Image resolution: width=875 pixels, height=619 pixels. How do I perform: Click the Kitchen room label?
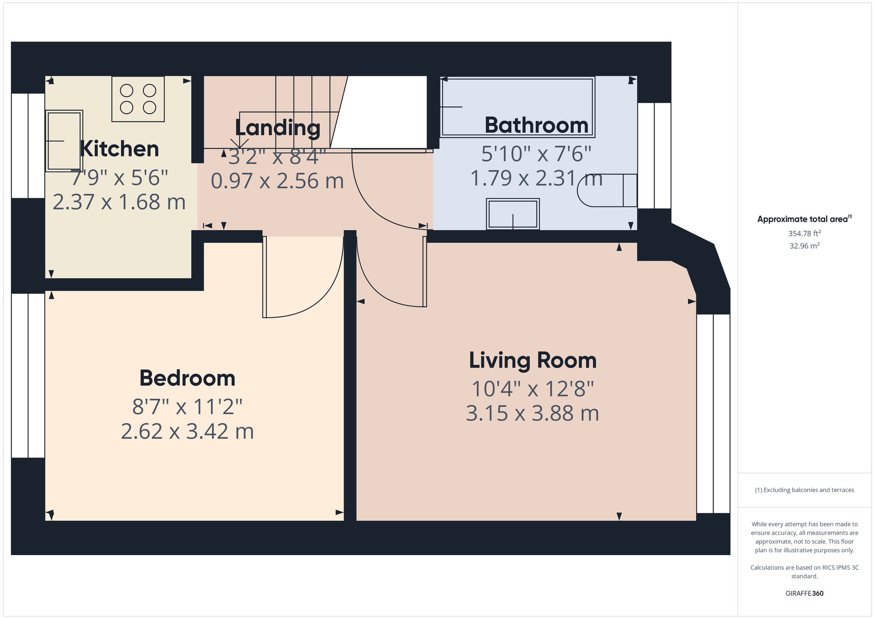pos(119,149)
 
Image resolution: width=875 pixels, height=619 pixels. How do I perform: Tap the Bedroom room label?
pos(187,378)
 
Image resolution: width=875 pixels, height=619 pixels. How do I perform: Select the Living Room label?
pos(533,360)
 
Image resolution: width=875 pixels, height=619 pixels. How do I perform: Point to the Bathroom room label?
pos(536,125)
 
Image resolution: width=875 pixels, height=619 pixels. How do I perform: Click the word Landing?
pos(278,128)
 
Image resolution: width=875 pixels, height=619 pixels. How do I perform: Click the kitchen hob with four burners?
pos(138,99)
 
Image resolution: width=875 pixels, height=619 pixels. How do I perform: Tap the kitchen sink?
pos(64,141)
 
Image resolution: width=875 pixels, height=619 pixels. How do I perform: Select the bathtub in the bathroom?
pos(518,107)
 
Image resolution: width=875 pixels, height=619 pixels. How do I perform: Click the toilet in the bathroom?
pos(607,190)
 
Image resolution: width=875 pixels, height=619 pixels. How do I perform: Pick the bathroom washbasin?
pos(513,214)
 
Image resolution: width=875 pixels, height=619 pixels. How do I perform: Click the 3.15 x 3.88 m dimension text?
pos(532,414)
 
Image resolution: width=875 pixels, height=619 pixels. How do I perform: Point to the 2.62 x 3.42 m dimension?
pos(187,432)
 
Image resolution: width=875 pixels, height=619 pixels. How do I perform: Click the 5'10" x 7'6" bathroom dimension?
pos(536,154)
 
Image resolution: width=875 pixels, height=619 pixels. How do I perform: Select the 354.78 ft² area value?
pos(805,233)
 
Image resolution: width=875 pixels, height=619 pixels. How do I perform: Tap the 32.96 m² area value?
pos(805,246)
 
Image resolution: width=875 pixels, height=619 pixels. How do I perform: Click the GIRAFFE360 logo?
pos(805,594)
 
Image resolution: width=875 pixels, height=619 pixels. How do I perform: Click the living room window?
pos(713,414)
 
